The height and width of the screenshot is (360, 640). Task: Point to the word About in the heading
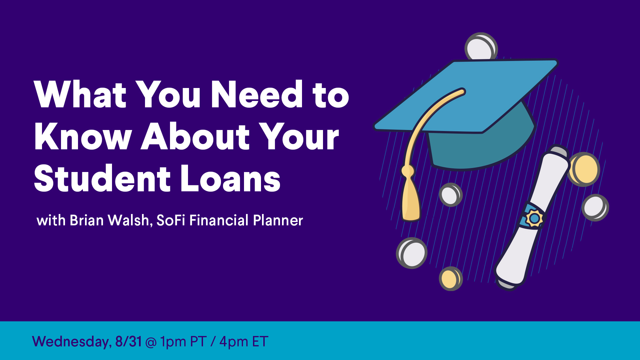195,136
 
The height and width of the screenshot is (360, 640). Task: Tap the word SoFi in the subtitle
171,220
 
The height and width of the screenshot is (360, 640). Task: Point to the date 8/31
128,341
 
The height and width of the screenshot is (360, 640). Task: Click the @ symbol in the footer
151,342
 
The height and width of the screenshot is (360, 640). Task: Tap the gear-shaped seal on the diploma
534,218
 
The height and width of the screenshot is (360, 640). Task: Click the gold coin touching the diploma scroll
584,169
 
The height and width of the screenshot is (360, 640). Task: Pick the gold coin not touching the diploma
451,278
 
